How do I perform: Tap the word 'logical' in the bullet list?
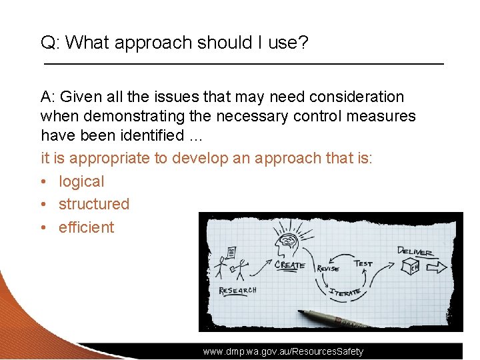81,181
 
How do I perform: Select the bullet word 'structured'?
94,204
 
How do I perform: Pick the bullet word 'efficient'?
86,227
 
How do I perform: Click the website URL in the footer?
283,351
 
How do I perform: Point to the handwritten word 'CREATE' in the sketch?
289,265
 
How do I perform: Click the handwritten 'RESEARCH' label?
237,291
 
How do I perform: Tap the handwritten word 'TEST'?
363,263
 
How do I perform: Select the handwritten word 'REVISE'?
327,268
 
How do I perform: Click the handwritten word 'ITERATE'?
345,291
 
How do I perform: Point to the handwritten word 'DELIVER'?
415,252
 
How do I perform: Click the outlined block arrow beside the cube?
437,267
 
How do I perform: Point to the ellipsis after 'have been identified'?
195,135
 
